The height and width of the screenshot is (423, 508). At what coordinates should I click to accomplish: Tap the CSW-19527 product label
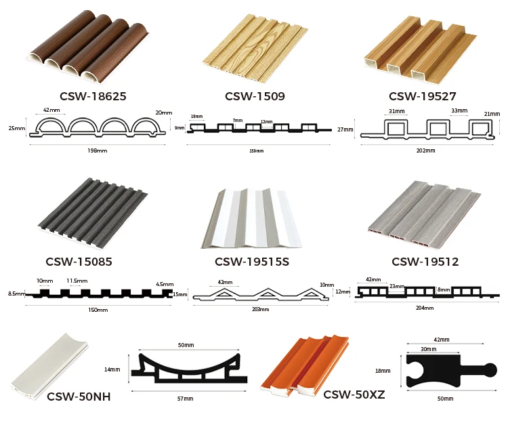pos(423,96)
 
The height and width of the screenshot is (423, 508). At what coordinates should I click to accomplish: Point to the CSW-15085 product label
pos(79,261)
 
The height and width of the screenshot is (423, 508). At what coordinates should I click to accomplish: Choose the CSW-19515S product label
pos(252,261)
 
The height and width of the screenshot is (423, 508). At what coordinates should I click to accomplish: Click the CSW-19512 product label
pos(425,261)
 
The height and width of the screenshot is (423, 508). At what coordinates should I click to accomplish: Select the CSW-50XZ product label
pos(354,394)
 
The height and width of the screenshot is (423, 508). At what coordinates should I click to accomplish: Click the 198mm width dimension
pos(98,150)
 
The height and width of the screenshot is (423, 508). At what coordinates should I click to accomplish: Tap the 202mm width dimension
pos(426,150)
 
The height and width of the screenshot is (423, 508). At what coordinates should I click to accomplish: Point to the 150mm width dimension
pos(98,310)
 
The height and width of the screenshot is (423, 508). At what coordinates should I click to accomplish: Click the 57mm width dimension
pos(185,399)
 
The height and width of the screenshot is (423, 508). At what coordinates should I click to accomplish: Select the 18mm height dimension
pos(383,371)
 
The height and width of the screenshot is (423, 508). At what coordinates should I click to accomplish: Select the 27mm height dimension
pos(345,129)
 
